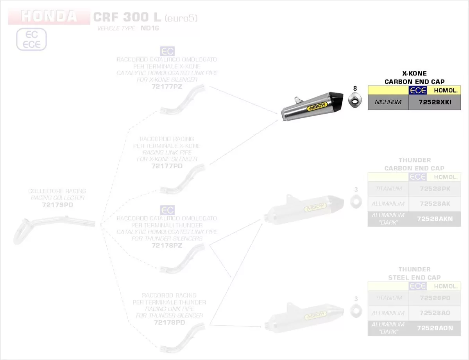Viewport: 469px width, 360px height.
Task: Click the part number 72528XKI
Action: (x=435, y=102)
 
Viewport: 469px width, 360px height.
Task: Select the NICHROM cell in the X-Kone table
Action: (x=388, y=102)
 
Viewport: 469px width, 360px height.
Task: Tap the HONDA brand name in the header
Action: (x=49, y=16)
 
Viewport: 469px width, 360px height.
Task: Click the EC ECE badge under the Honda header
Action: (x=31, y=39)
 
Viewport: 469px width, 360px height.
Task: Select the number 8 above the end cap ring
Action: (x=355, y=88)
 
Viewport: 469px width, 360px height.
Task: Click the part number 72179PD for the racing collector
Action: (x=57, y=205)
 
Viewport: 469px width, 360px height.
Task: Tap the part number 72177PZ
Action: (x=167, y=86)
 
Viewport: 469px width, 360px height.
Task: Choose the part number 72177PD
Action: (x=167, y=166)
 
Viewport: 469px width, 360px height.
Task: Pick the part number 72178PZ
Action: (x=167, y=246)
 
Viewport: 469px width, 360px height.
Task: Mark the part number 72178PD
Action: (x=169, y=323)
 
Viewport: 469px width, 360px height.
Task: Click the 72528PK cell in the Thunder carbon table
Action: (x=435, y=189)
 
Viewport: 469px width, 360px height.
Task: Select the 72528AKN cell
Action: (x=435, y=219)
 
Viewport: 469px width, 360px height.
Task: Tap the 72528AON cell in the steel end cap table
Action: (x=435, y=328)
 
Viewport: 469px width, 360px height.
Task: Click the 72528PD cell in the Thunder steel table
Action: (x=435, y=298)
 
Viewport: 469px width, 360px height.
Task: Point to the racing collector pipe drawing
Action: (x=51, y=227)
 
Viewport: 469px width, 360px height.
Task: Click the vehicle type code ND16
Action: (x=150, y=29)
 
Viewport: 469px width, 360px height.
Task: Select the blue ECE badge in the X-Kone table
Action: (x=417, y=91)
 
